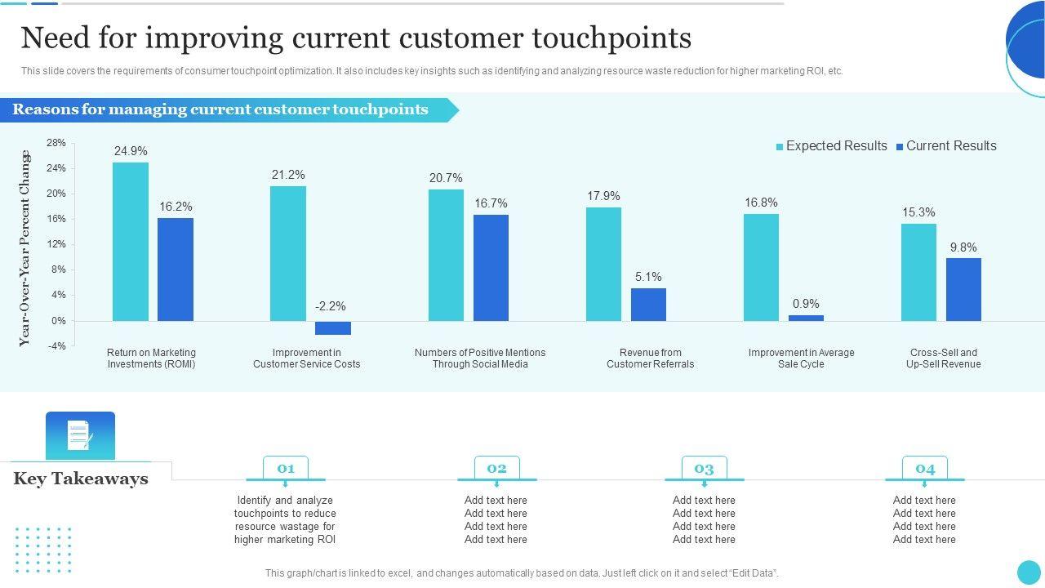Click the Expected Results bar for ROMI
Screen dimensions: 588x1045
(x=131, y=242)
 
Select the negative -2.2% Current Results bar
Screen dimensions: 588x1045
(x=333, y=327)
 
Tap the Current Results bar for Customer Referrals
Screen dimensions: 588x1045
(x=648, y=304)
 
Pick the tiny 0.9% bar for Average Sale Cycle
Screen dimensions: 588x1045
(x=806, y=318)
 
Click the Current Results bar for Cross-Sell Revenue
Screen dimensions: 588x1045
(x=963, y=289)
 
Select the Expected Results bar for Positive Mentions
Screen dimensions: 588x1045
(x=446, y=255)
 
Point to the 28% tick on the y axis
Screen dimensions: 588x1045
(x=56, y=143)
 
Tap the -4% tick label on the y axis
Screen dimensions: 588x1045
(x=56, y=346)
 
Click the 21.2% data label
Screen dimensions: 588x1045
(x=288, y=175)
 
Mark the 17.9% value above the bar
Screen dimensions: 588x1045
(x=603, y=196)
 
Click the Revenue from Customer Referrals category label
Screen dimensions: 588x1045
(x=650, y=359)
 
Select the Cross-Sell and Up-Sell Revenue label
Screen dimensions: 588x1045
(x=943, y=359)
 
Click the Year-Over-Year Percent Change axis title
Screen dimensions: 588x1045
(x=24, y=248)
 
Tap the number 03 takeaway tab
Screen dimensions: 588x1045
(x=704, y=469)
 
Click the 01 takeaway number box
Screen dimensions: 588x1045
(x=286, y=469)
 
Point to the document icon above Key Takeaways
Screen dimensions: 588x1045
(x=80, y=435)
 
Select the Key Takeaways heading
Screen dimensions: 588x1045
(x=81, y=479)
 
